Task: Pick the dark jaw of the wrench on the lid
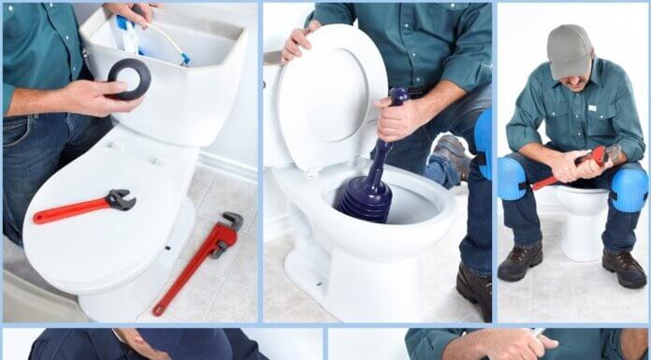[120, 199]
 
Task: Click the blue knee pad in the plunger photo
[483, 140]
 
